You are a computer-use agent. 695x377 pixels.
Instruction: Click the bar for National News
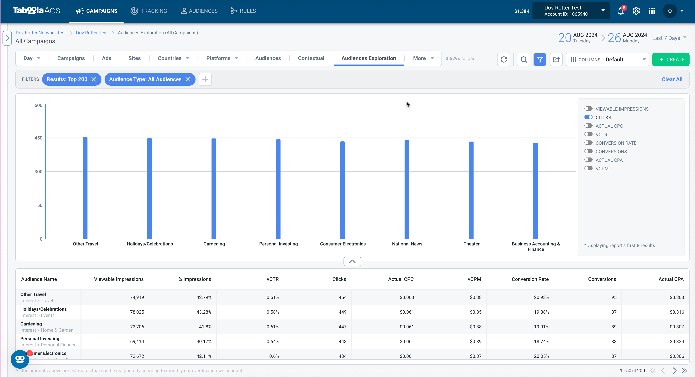coord(407,189)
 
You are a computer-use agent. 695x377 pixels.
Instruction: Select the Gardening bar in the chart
coord(214,189)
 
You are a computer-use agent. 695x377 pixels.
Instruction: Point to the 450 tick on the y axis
coord(38,138)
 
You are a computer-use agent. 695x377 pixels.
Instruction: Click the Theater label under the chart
coord(471,244)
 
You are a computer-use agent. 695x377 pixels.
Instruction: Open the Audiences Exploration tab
coord(369,58)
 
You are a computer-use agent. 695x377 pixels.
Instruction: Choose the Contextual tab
coord(311,58)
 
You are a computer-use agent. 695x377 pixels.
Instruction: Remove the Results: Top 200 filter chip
coord(94,79)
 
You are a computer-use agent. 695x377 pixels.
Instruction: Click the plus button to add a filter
coord(205,79)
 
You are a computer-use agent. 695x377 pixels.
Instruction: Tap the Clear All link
coord(672,79)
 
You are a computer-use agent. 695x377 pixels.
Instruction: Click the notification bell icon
coord(621,11)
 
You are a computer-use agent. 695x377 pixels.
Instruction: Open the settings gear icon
coord(636,11)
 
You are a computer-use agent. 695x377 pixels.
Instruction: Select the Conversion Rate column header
coord(530,279)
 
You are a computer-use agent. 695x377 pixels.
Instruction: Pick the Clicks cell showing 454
coord(342,297)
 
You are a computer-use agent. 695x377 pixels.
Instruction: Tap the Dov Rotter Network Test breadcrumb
coord(41,33)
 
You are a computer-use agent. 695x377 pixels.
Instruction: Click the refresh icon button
coord(503,59)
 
